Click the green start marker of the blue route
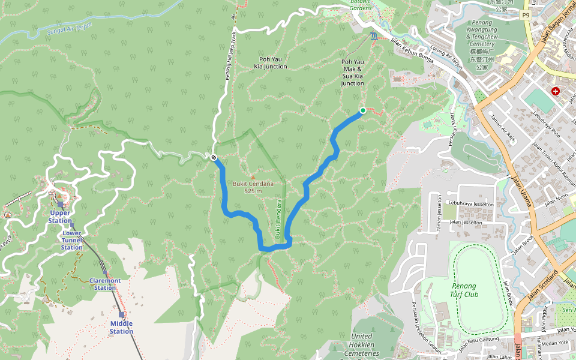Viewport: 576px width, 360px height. tap(363, 110)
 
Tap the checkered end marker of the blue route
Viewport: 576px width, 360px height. tap(214, 157)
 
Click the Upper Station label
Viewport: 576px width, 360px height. tap(60, 217)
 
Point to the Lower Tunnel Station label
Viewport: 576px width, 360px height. tap(72, 240)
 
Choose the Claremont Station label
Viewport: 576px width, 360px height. tap(105, 284)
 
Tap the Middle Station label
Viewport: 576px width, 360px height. tap(121, 328)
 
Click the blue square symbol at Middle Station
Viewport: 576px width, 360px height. tap(121, 314)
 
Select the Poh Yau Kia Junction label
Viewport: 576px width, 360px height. tap(265, 62)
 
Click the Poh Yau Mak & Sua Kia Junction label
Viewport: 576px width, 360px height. tap(352, 73)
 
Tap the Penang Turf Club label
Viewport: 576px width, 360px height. tap(465, 290)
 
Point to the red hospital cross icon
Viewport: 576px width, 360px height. tap(556, 91)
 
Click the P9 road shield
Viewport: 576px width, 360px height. tap(526, 15)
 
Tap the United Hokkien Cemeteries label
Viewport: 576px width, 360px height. tap(362, 344)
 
